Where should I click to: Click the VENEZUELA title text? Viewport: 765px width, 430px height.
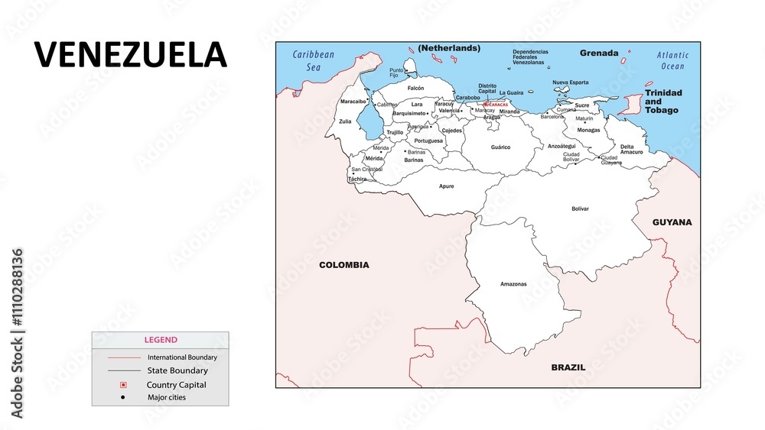tap(131, 55)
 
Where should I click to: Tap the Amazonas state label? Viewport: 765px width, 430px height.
tap(513, 284)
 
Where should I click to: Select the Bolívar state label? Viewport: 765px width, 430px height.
tap(580, 209)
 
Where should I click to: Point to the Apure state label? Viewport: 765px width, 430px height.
tap(446, 186)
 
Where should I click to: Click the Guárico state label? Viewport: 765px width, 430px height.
tap(500, 147)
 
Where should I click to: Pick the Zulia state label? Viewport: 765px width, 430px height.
tap(345, 121)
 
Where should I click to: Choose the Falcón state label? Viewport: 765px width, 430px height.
tap(415, 88)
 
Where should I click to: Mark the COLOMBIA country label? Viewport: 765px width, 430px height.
tap(343, 265)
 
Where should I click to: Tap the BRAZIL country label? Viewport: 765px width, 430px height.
tap(568, 367)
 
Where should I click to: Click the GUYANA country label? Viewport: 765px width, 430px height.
tap(672, 222)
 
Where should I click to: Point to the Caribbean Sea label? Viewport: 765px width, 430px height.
tap(314, 60)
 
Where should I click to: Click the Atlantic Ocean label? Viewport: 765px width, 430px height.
tap(672, 60)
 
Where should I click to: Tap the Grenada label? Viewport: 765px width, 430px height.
tap(599, 53)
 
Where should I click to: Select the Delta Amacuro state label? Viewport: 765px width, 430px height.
tap(631, 149)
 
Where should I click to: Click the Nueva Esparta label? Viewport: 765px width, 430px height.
tap(570, 82)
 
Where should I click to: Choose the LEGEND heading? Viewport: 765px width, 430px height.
tap(161, 340)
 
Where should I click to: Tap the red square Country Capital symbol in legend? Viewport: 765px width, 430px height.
tap(123, 385)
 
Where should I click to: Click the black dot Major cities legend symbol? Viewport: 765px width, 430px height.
tap(123, 397)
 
